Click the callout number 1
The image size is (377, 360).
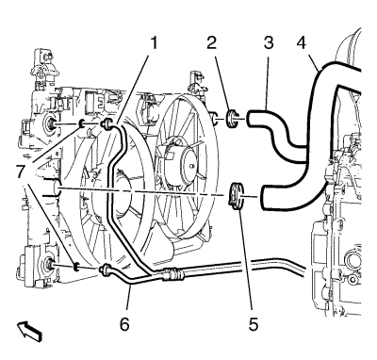pyautogui.click(x=154, y=42)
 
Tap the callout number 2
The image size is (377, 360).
pyautogui.click(x=212, y=42)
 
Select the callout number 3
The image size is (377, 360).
pyautogui.click(x=269, y=42)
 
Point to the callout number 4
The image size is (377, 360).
pyautogui.click(x=302, y=42)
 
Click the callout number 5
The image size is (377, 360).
pyautogui.click(x=254, y=324)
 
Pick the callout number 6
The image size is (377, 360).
pyautogui.click(x=124, y=324)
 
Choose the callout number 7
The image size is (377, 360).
pyautogui.click(x=21, y=172)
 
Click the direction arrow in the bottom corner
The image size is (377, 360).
pyautogui.click(x=30, y=332)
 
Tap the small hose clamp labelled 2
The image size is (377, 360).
pyautogui.click(x=232, y=119)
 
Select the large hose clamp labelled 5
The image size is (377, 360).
pyautogui.click(x=236, y=196)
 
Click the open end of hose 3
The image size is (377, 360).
pyautogui.click(x=250, y=119)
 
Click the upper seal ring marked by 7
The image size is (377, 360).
pyautogui.click(x=81, y=123)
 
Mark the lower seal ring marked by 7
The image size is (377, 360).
pyautogui.click(x=75, y=267)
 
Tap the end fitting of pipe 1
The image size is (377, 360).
pyautogui.click(x=106, y=124)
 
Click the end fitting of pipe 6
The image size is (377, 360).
pyautogui.click(x=105, y=269)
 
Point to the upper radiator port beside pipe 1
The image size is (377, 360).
pyautogui.click(x=50, y=124)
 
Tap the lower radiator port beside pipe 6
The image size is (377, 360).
pyautogui.click(x=49, y=264)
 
